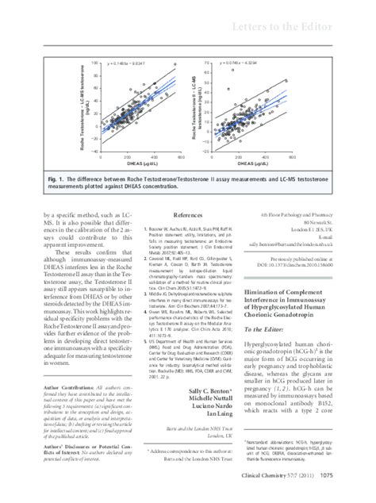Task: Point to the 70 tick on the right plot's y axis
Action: tap(207, 62)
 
